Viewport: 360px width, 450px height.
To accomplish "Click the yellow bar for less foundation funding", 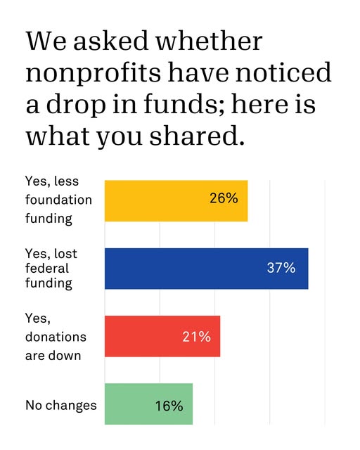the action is (176, 201).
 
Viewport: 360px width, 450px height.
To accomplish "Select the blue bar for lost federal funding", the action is (207, 269).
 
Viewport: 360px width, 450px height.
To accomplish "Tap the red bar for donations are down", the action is (162, 336).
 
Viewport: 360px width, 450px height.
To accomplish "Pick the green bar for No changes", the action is (148, 404).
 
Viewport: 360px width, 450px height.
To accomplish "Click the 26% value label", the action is (224, 198).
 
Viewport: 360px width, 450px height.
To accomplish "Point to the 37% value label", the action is (281, 268).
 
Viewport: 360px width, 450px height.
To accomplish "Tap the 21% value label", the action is (196, 336).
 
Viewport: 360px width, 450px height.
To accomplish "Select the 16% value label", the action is (169, 406).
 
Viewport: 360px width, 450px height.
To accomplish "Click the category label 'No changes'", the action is (61, 406).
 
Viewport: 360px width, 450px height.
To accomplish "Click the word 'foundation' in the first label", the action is (58, 200).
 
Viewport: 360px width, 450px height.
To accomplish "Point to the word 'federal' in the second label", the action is (47, 269).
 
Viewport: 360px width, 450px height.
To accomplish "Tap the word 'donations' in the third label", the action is (56, 337).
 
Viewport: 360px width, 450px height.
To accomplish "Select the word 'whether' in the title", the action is (209, 41).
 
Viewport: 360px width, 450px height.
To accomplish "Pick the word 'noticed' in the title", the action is (284, 72).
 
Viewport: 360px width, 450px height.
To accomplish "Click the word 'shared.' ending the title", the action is (197, 135).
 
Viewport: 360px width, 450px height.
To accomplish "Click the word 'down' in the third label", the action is (68, 356).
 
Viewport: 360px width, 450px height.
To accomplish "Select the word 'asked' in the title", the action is (110, 41).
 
